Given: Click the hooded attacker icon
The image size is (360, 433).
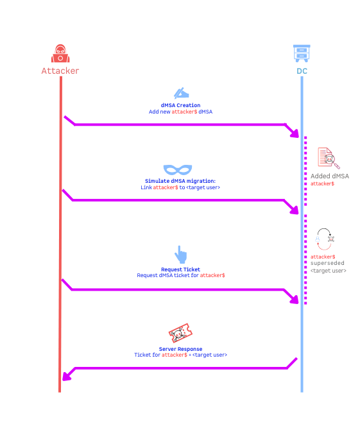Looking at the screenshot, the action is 60,53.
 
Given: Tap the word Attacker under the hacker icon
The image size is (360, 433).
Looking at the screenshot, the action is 60,71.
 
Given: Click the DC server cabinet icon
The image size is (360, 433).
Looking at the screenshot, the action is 302,53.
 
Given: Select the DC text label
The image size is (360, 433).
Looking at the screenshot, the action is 302,71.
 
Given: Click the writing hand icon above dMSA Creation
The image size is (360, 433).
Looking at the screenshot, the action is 181,94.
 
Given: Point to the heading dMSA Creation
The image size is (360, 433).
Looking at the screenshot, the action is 180,105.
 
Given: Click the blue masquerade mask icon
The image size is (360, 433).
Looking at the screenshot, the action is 178,169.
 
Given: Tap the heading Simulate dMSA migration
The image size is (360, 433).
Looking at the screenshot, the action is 180,181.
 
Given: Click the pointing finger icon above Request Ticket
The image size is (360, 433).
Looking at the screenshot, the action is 181,254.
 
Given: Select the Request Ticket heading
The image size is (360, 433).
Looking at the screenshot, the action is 180,269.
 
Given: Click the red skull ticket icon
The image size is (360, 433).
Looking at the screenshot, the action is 180,333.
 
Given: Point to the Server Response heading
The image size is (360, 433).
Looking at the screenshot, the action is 180,349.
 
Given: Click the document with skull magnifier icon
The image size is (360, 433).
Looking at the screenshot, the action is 329,158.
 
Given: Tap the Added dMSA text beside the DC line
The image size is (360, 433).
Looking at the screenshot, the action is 330,176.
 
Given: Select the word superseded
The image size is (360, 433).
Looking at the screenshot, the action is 327,263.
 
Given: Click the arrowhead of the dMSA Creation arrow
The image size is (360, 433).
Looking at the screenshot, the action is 295,133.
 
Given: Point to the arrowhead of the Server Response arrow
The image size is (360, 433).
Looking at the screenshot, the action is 67,376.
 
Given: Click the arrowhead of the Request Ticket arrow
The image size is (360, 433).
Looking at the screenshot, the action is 295,300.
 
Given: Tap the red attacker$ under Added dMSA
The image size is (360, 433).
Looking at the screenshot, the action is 322,183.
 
